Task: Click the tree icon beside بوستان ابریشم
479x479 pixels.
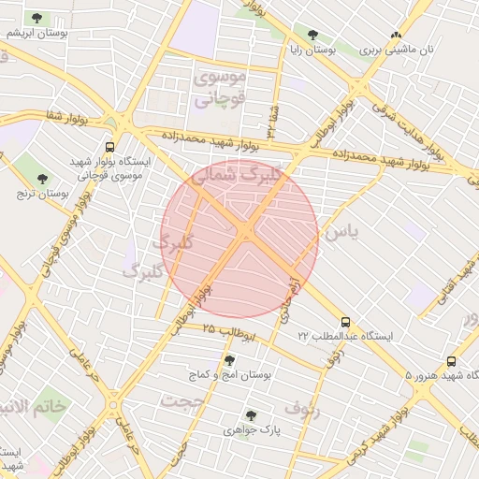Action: click(36, 18)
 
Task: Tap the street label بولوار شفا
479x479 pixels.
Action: click(62, 118)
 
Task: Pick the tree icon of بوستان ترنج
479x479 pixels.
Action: click(41, 178)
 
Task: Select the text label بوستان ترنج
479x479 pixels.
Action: click(43, 194)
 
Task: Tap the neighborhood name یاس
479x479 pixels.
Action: click(340, 231)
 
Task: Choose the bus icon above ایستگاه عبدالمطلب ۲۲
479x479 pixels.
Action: click(345, 320)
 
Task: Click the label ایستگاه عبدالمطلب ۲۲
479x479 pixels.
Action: click(345, 335)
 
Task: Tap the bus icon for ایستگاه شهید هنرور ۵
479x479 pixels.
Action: click(452, 360)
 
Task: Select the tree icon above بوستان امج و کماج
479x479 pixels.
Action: click(228, 359)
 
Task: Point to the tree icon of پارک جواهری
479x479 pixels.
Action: click(251, 414)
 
